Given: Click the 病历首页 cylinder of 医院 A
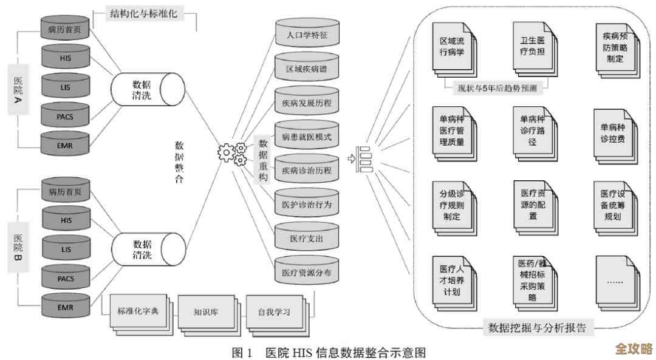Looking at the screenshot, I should (x=66, y=28).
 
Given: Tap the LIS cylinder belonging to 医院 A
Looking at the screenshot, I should (x=66, y=86).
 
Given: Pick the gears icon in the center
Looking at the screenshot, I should (x=232, y=153).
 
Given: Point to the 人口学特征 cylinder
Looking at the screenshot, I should (x=307, y=35).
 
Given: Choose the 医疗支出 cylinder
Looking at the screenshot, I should (x=307, y=238).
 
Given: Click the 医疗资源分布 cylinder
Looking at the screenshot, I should (x=307, y=272).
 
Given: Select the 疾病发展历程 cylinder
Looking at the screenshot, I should (x=307, y=103).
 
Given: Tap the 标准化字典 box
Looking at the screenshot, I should (x=138, y=311).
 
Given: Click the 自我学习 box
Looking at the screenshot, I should (x=274, y=313).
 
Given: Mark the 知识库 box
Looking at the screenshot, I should (x=206, y=313).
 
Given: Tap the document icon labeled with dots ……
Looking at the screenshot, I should (x=614, y=280).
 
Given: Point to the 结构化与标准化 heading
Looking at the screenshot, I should (x=143, y=13).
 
